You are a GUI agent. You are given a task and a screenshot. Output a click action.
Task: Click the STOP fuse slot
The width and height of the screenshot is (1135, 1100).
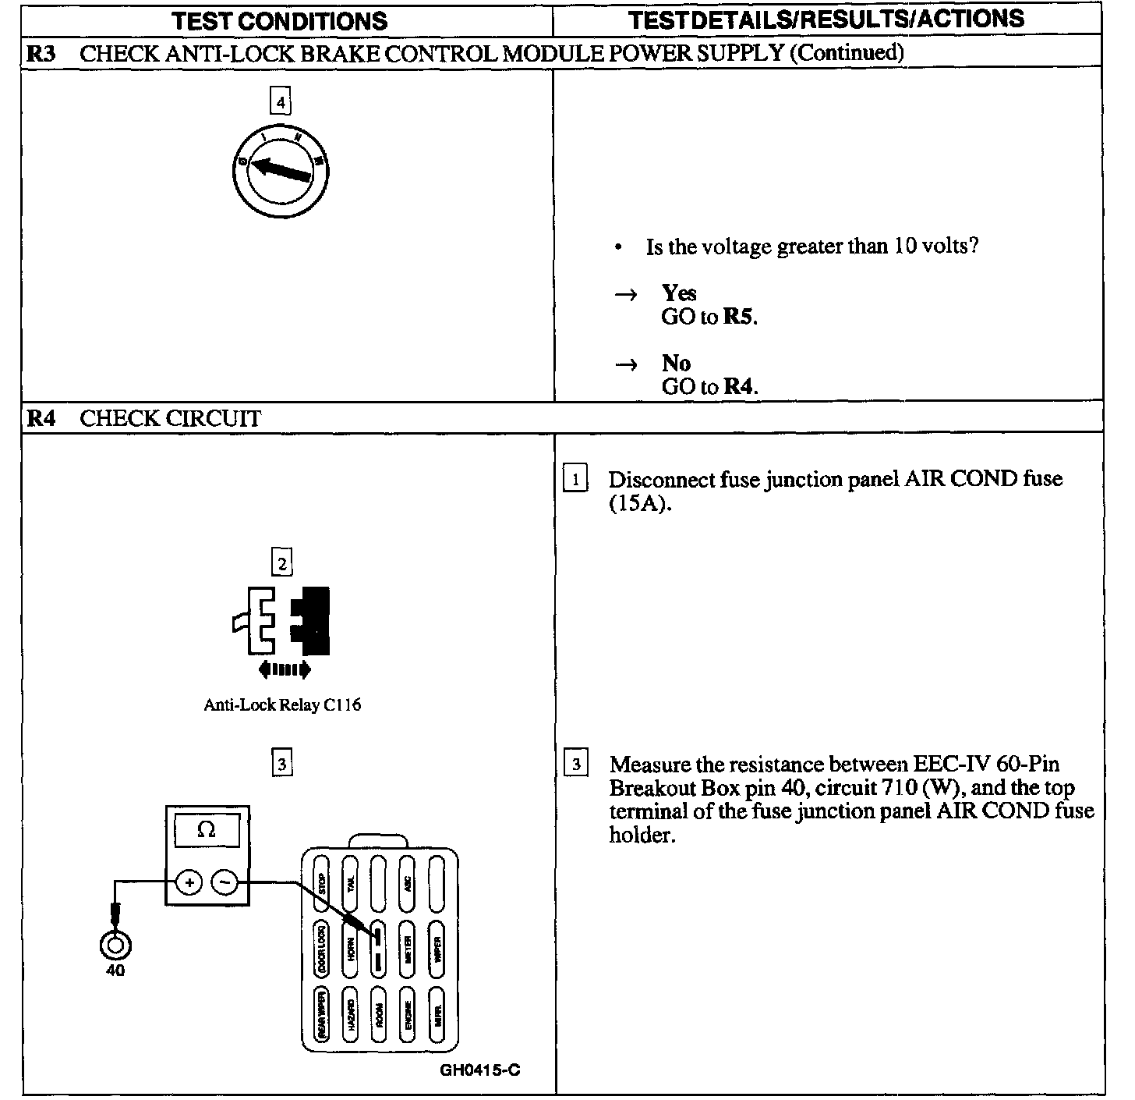321,885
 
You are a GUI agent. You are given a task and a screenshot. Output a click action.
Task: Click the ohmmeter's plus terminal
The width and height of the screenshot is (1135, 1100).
189,882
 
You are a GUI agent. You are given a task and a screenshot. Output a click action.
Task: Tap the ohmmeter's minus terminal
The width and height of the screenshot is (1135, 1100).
225,882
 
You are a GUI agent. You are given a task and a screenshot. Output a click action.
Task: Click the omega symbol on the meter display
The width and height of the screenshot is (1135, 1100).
207,829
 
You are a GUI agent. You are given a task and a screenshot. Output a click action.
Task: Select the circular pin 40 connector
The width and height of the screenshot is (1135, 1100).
115,945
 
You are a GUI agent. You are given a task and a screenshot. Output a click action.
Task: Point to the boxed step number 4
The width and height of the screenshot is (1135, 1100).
281,101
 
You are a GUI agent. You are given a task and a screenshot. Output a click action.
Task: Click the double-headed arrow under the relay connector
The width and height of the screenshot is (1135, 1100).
284,669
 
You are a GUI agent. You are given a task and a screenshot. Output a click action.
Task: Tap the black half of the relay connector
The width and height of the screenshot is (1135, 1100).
311,620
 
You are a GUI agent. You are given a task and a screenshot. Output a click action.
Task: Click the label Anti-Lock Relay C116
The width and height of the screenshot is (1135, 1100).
282,704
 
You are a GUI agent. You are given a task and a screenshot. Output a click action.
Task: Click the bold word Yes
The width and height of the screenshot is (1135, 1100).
679,293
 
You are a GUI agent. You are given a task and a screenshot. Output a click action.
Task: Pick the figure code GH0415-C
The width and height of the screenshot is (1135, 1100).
480,1069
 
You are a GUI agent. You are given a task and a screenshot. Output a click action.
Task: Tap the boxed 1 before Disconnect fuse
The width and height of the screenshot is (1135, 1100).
575,479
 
